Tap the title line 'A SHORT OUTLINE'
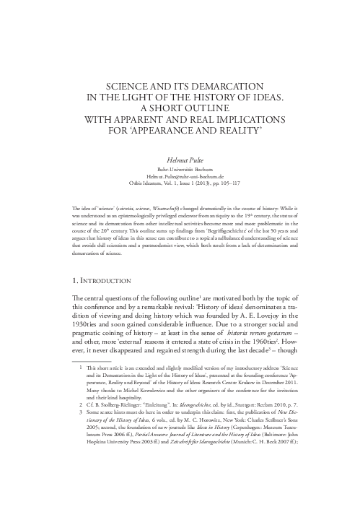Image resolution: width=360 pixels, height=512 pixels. pyautogui.click(x=179, y=108)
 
